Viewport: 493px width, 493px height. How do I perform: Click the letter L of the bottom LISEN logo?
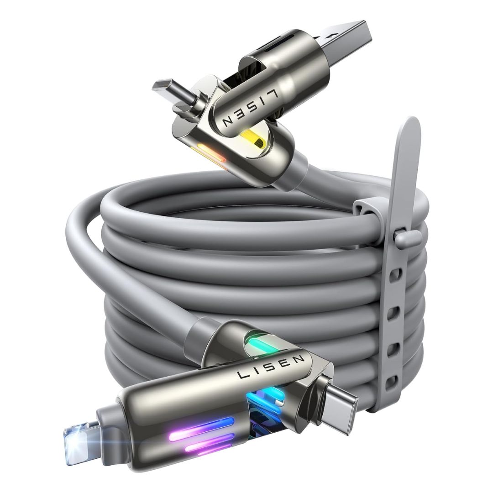(241, 375)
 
